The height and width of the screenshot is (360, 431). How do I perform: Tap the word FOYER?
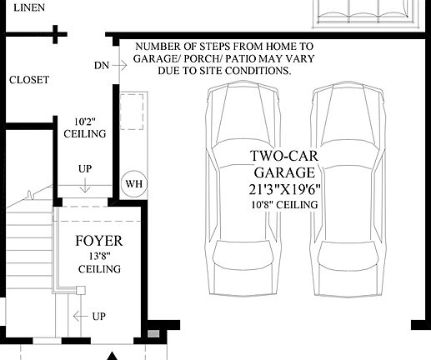pos(99,242)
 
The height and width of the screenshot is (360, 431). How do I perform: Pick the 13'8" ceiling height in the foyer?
pos(99,257)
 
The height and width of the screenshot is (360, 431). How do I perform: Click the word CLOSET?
pos(29,80)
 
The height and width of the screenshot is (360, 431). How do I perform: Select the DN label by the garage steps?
pos(101,64)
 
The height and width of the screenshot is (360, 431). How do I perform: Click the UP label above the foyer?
pos(85,169)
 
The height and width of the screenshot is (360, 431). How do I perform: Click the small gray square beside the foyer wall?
pos(153,334)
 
